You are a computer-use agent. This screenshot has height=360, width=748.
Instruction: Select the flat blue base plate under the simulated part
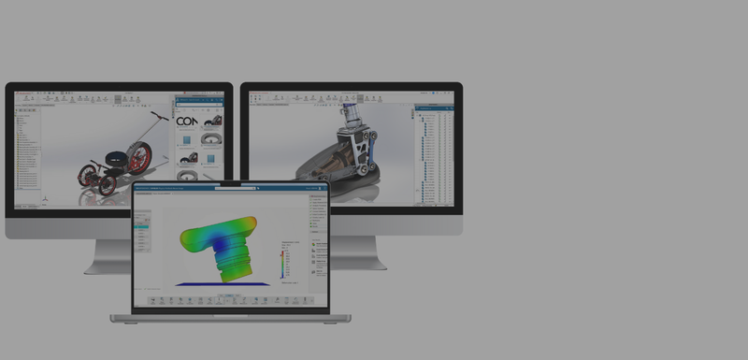click(x=223, y=283)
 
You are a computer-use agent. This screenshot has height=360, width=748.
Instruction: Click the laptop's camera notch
click(x=230, y=183)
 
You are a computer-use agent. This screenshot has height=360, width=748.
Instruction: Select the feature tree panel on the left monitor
click(x=28, y=150)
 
